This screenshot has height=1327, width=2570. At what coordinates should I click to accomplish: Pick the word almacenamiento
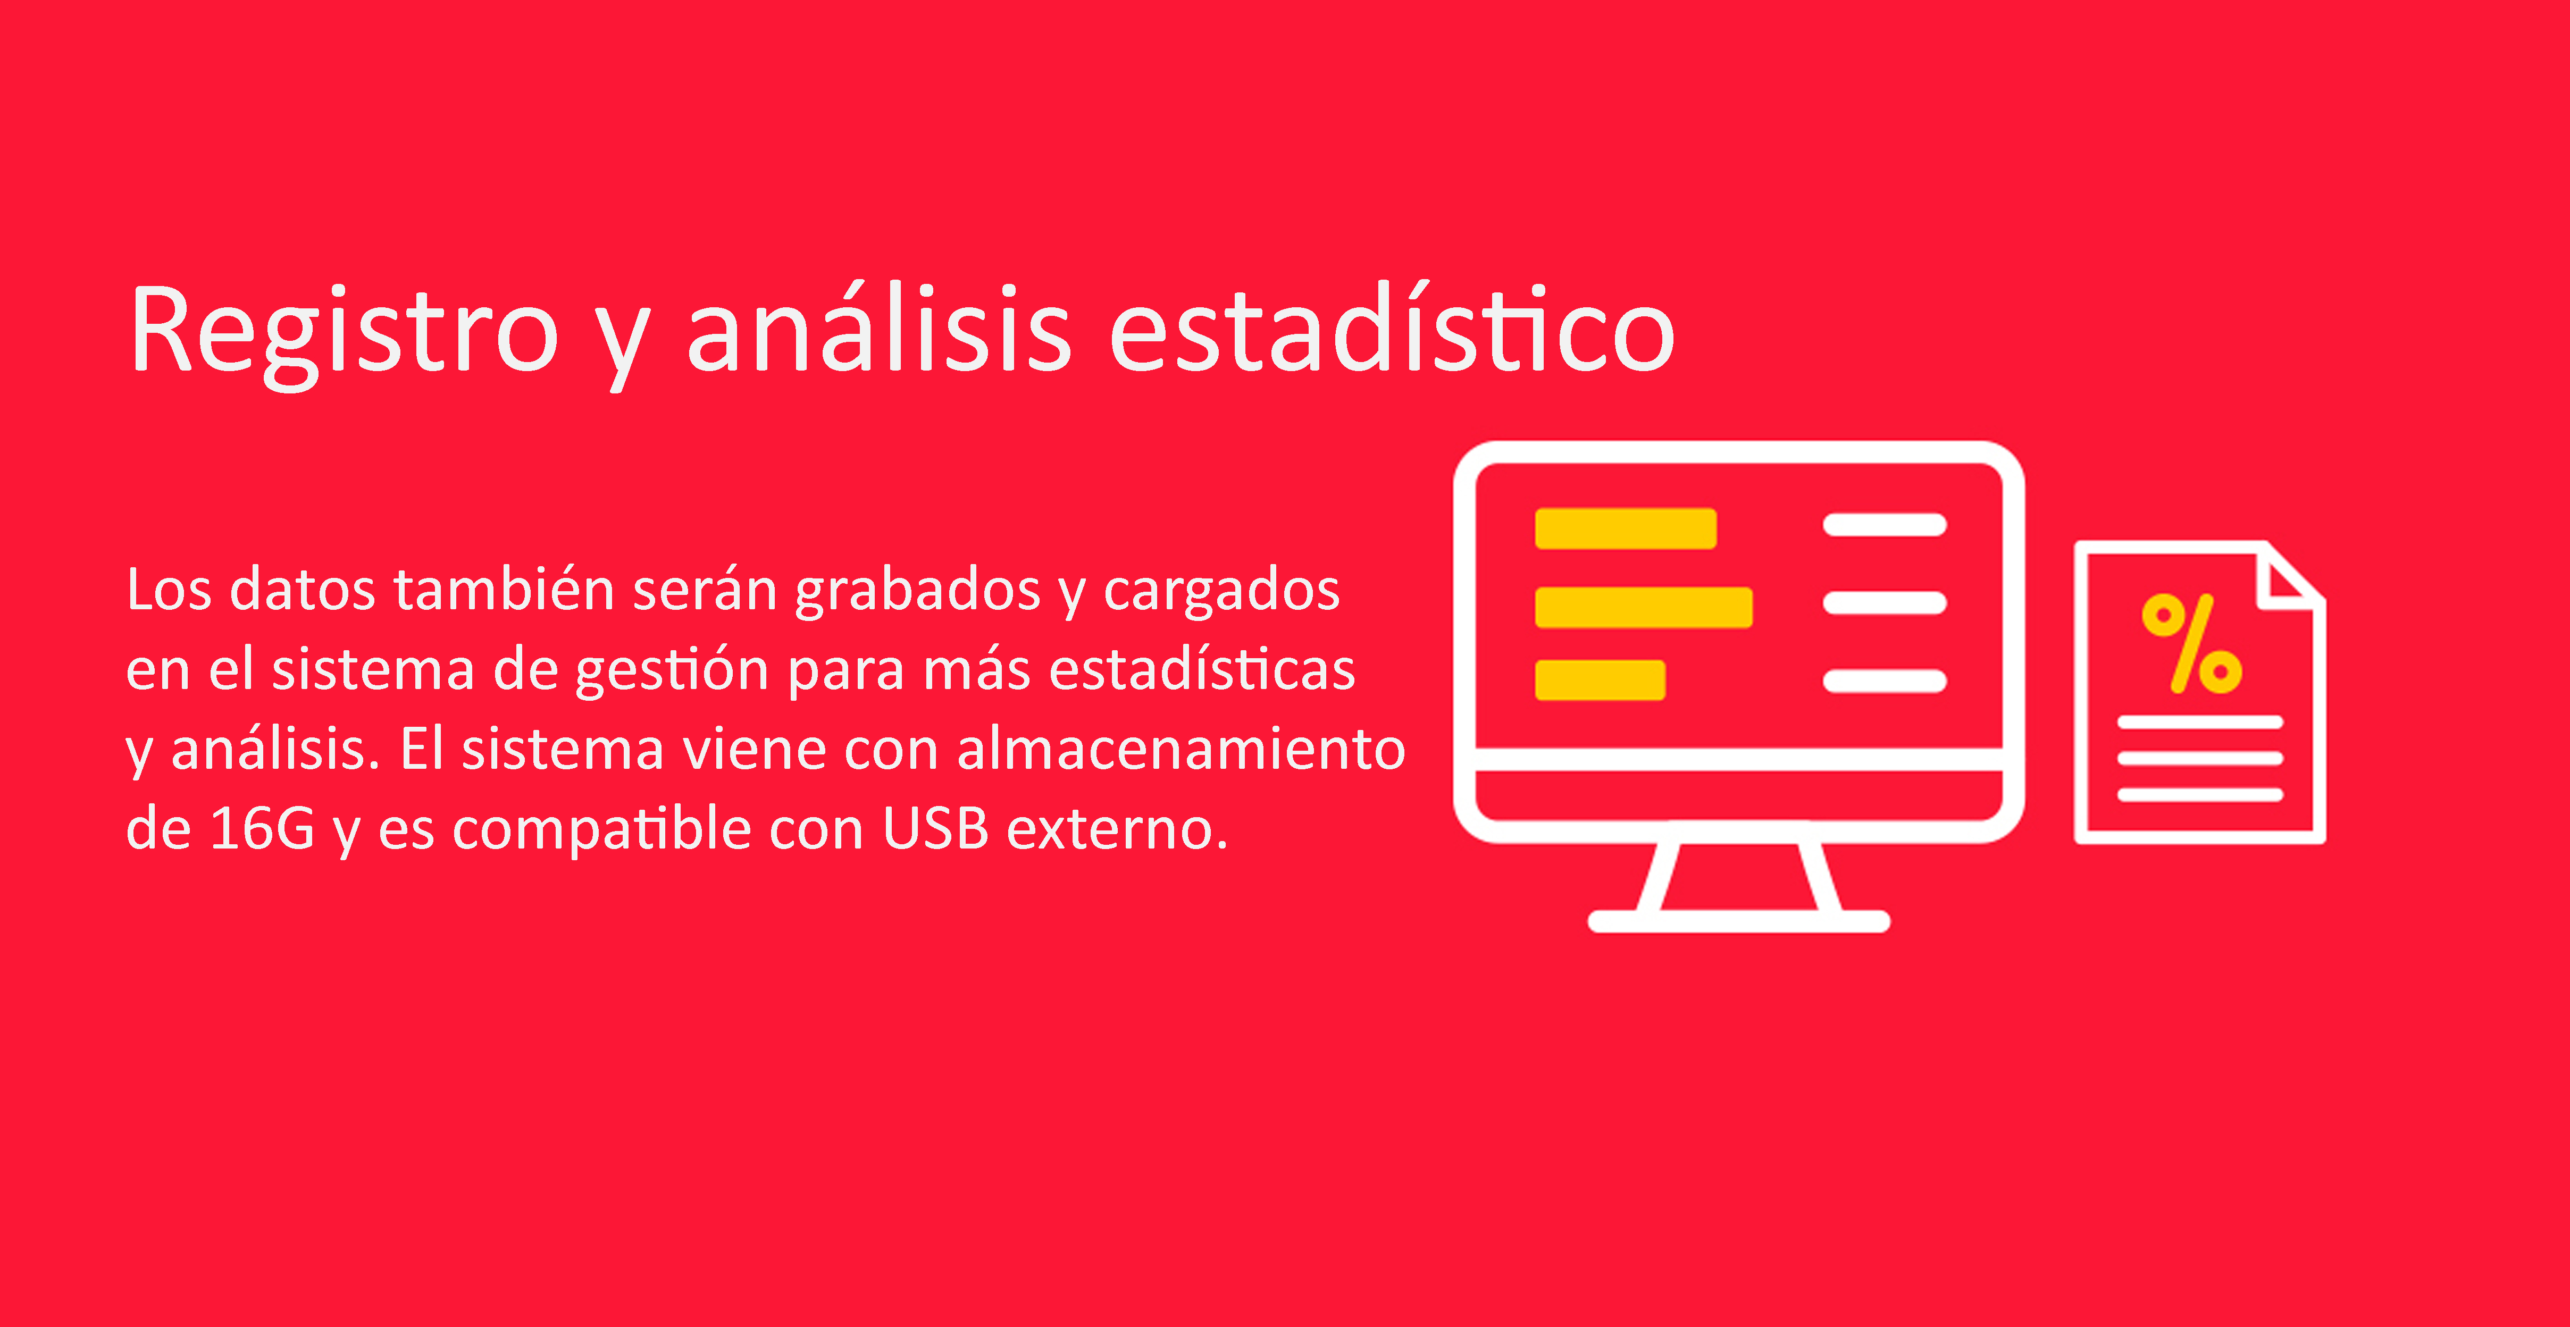1181,749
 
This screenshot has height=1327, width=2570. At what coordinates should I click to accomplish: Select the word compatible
601,830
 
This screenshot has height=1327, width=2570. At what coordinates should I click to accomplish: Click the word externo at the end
1117,830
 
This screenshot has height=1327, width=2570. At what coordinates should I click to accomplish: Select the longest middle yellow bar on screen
1643,608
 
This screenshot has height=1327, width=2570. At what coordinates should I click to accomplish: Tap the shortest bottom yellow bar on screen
1599,681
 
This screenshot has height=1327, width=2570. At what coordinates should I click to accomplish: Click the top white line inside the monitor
1885,525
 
